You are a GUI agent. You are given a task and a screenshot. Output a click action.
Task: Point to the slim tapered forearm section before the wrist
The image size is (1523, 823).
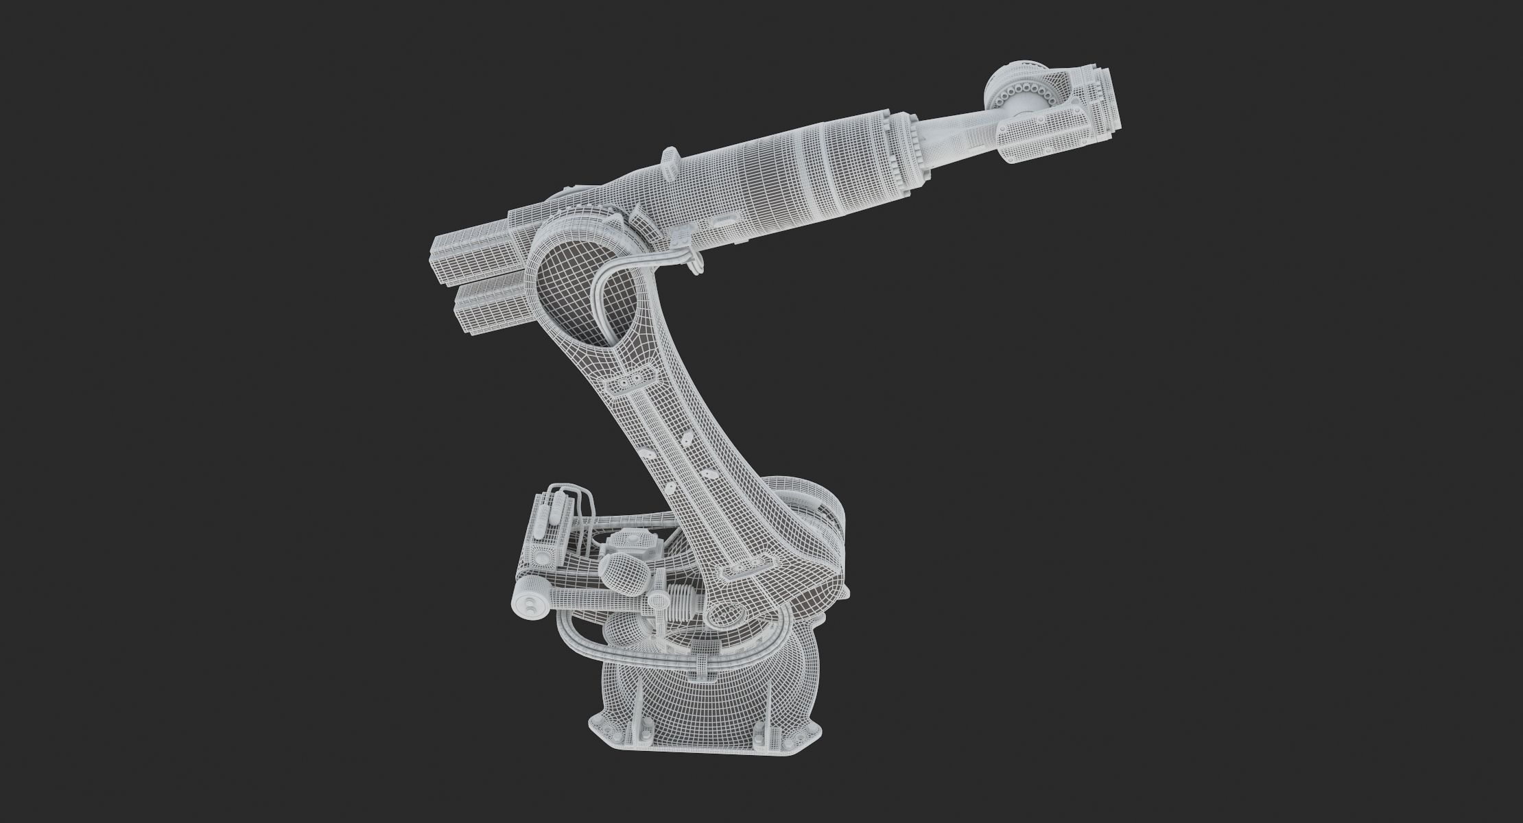[x=960, y=137]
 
